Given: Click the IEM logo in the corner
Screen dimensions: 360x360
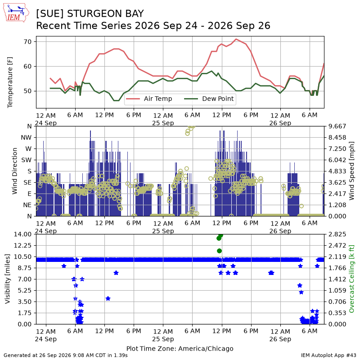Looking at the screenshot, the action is click(16, 13).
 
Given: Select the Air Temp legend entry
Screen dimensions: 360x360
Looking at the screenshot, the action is click(149, 99).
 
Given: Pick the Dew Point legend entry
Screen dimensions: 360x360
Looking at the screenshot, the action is click(209, 99).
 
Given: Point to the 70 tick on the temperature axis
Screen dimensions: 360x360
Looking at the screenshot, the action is click(27, 42).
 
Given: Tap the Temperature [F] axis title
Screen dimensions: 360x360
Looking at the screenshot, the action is click(10, 82).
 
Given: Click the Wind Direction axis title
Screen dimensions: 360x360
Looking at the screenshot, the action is click(15, 171).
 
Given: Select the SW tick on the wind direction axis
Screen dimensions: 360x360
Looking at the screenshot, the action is click(27, 160).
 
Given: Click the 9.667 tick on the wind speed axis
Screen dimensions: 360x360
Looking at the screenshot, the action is click(337, 126).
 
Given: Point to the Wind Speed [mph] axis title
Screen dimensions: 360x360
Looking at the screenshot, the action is click(351, 171).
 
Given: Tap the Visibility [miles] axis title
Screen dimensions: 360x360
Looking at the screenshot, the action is click(8, 279).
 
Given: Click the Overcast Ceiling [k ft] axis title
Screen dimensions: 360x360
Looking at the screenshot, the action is click(351, 279).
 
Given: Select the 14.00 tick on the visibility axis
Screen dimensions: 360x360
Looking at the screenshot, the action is click(22, 234).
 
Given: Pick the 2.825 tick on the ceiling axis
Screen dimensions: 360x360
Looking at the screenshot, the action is click(337, 234).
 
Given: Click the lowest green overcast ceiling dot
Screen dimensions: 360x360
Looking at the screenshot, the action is click(219, 251).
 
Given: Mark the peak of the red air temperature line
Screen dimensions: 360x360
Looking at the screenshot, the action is click(236, 39).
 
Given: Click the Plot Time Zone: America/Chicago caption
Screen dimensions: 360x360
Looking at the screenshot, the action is click(180, 348).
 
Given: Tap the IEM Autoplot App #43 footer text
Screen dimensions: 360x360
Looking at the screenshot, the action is click(328, 355).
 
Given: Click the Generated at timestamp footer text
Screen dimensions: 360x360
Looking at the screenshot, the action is click(66, 355).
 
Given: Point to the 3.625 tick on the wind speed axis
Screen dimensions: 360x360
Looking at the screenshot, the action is click(337, 183).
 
